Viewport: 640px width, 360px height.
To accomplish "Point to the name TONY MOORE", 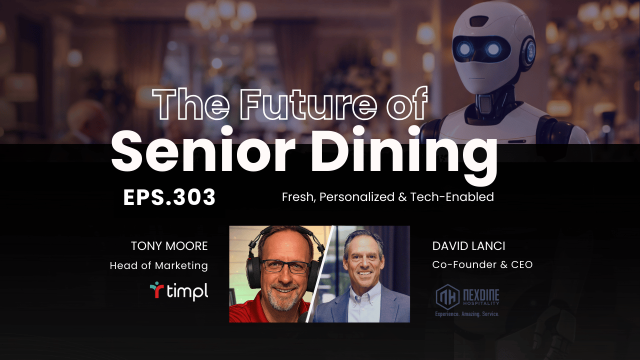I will (x=169, y=246).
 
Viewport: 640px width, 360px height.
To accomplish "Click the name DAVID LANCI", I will (x=468, y=246).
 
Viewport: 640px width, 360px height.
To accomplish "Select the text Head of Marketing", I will (x=158, y=265).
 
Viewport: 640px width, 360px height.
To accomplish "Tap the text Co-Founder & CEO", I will (x=482, y=264).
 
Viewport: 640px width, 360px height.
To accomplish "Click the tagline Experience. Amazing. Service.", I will (x=467, y=314).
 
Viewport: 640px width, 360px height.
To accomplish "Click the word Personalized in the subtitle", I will (x=357, y=197).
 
